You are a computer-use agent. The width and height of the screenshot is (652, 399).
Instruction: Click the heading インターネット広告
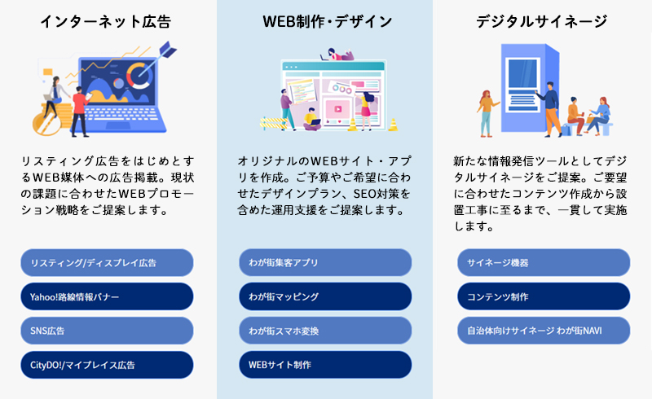(x=106, y=21)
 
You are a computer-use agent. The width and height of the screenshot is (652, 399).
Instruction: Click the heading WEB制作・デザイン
(x=328, y=21)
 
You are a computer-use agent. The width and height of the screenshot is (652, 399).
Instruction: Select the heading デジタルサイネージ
(x=542, y=21)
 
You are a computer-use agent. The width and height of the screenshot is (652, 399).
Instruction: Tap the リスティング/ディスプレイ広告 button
(x=107, y=263)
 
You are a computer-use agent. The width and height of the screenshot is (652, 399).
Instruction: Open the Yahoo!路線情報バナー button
(x=107, y=296)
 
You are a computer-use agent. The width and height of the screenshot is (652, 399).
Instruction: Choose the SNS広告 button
(x=107, y=331)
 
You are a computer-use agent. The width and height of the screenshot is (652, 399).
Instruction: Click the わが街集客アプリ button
(x=325, y=263)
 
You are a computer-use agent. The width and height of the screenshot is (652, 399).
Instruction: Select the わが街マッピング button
(x=325, y=296)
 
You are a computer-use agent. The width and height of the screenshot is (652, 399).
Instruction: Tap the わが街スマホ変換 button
(x=325, y=331)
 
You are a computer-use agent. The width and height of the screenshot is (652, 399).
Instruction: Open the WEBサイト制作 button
(x=325, y=365)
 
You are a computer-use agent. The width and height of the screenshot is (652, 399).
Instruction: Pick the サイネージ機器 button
(x=544, y=263)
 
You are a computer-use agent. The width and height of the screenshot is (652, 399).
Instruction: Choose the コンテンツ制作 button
(x=544, y=296)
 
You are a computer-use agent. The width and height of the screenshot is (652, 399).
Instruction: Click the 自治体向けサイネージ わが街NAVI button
(x=544, y=331)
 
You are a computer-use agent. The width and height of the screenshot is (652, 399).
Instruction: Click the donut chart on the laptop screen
(x=139, y=76)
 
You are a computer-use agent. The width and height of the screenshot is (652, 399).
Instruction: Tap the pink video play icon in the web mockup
(x=337, y=109)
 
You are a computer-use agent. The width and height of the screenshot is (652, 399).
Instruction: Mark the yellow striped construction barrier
(x=274, y=123)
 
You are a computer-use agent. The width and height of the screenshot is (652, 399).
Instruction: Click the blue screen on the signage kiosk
(x=522, y=73)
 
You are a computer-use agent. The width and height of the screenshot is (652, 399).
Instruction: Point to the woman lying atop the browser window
(x=337, y=55)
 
